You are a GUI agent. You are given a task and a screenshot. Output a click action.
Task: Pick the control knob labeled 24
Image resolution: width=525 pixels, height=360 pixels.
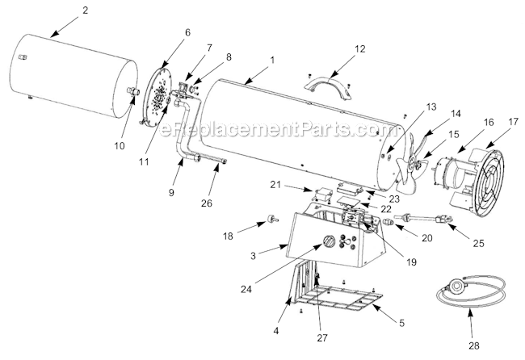329,243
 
